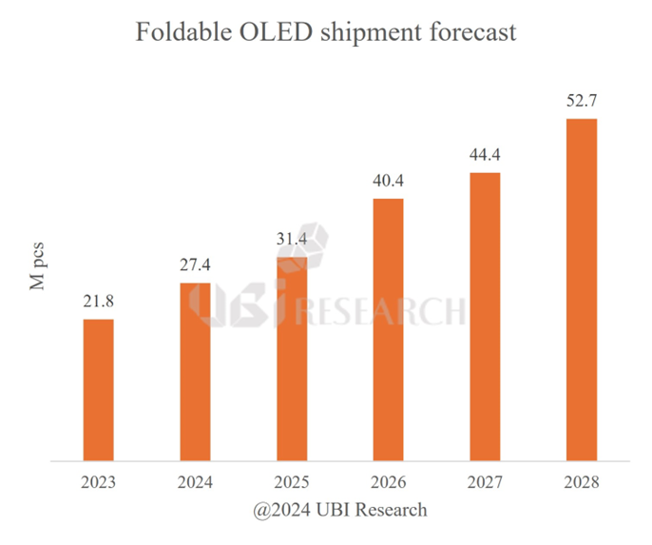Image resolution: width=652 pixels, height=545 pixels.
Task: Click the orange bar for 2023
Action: tap(98, 391)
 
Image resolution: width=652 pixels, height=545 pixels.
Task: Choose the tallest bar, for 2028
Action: tap(581, 291)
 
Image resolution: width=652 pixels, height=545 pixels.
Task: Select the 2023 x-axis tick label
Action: tap(98, 482)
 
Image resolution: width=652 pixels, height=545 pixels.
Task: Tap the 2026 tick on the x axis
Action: tap(388, 482)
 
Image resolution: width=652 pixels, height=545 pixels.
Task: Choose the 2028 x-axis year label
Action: tap(581, 482)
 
